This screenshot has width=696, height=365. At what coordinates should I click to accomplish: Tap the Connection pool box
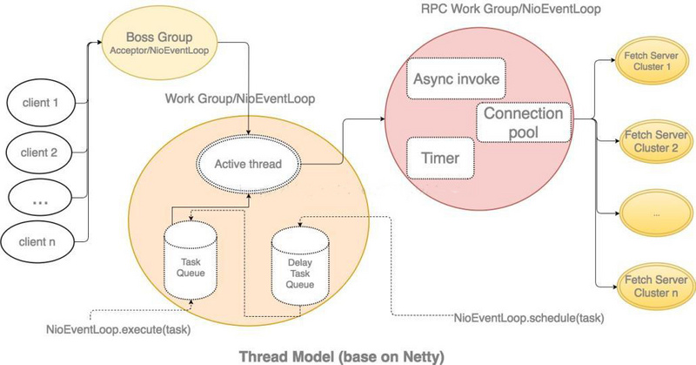pyautogui.click(x=523, y=123)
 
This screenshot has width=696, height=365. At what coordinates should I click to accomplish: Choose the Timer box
pyautogui.click(x=439, y=159)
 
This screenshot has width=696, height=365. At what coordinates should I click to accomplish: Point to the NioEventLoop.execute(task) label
pyautogui.click(x=118, y=330)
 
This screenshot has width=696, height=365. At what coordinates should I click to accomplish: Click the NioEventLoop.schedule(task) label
pyautogui.click(x=529, y=316)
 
